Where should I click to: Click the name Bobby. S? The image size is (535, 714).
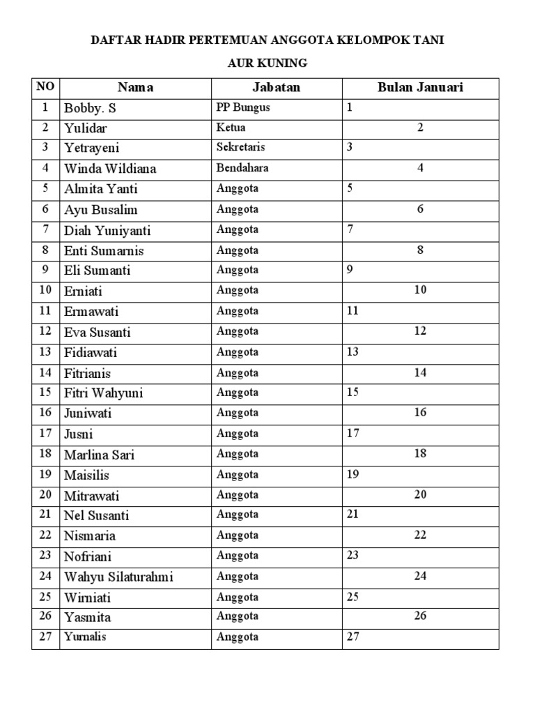click(90, 108)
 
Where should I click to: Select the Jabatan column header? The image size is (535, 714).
click(276, 88)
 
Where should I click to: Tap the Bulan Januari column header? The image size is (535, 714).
click(420, 88)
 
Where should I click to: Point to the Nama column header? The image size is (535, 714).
click(135, 88)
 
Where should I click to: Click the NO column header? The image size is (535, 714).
click(45, 87)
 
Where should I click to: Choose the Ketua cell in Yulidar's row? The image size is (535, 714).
click(231, 128)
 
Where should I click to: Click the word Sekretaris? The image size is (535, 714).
click(240, 148)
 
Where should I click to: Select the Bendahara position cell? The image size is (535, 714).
click(242, 168)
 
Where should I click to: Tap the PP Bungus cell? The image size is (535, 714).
click(243, 108)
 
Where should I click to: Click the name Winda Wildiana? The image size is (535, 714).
click(110, 169)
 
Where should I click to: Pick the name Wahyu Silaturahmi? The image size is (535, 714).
click(118, 577)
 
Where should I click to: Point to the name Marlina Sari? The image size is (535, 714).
click(99, 455)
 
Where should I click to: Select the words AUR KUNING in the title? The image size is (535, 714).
click(267, 63)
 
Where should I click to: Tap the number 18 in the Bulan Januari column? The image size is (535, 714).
click(420, 453)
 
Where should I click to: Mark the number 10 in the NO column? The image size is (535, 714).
click(45, 290)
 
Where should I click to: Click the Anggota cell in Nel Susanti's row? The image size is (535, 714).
click(237, 515)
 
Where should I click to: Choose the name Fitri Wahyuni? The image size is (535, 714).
click(103, 393)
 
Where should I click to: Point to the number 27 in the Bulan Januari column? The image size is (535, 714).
click(352, 636)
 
